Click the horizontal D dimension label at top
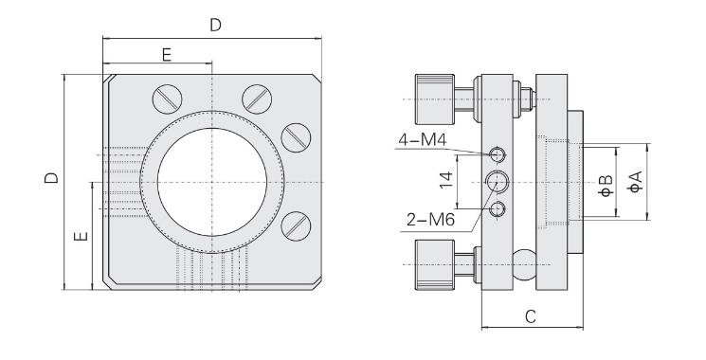(216, 26)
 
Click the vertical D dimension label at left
(51, 178)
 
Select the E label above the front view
(167, 55)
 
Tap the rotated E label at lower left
(81, 236)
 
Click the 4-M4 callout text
(422, 140)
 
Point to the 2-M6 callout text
(430, 220)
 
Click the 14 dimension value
(446, 180)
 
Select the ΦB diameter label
(606, 186)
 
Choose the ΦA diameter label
(635, 182)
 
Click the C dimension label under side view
(531, 316)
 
